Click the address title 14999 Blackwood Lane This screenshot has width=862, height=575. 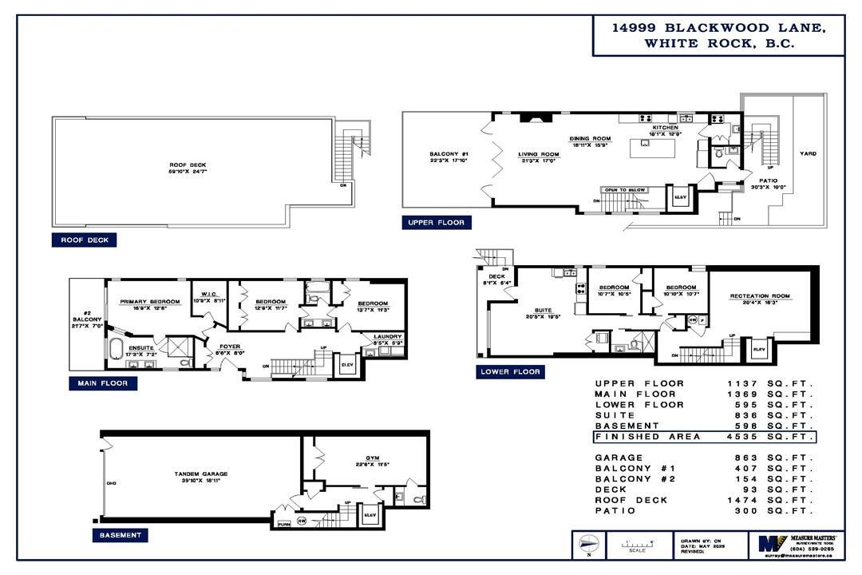tap(718, 28)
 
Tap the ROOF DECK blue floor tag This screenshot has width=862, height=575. tap(84, 240)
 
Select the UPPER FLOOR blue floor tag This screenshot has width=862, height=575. tap(437, 223)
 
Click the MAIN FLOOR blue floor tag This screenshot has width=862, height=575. tap(103, 383)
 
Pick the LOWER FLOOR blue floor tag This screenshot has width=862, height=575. tap(511, 371)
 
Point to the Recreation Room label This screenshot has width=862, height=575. tap(759, 296)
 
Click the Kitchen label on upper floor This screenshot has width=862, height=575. tap(665, 128)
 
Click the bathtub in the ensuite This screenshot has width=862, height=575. tap(116, 349)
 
